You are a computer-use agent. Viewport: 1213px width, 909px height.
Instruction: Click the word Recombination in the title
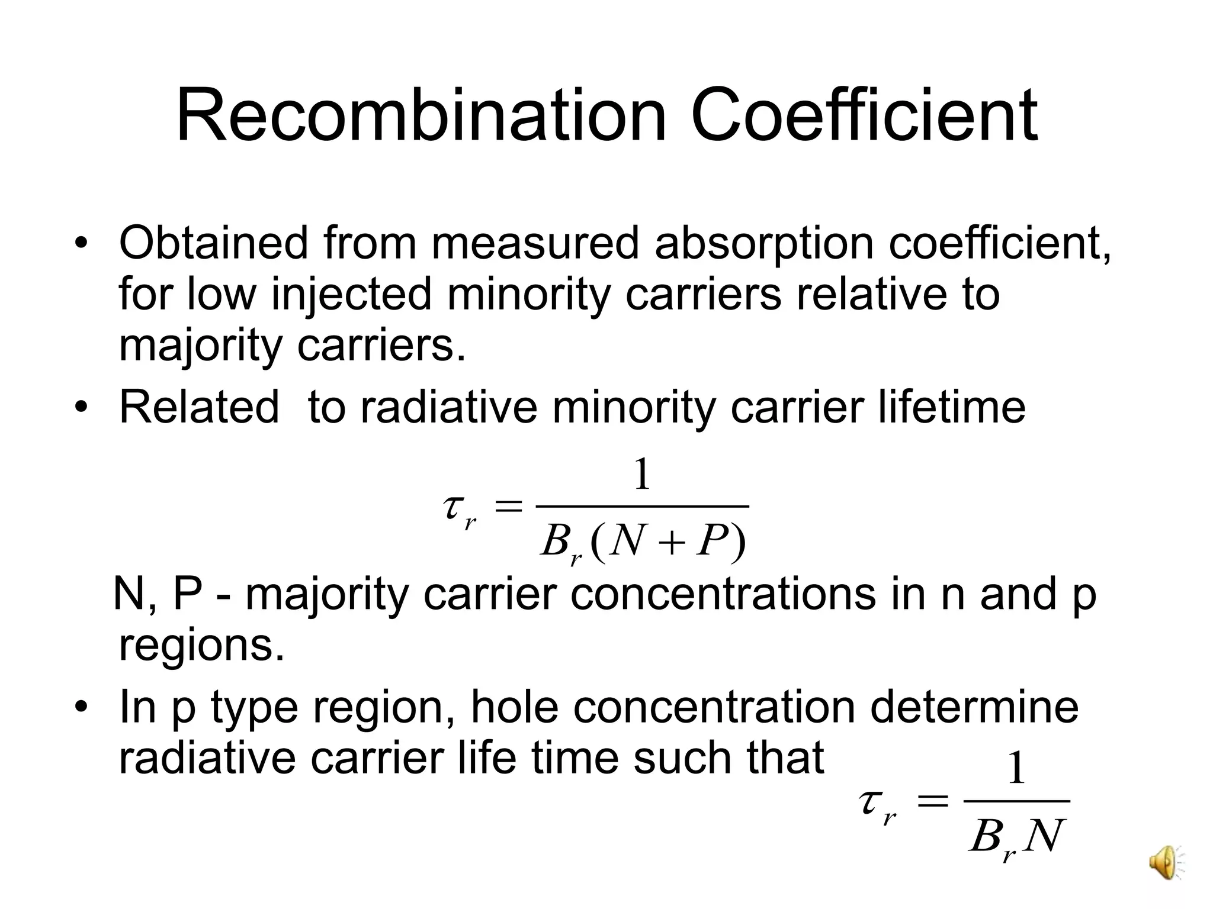click(x=421, y=116)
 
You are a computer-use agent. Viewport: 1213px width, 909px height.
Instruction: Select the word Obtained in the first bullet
click(x=214, y=243)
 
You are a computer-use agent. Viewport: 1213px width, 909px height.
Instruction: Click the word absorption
click(x=765, y=244)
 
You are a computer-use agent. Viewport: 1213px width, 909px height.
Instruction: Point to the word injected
click(x=352, y=295)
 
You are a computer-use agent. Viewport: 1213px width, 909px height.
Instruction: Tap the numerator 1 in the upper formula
click(x=643, y=475)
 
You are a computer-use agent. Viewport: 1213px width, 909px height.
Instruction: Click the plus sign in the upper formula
click(x=671, y=543)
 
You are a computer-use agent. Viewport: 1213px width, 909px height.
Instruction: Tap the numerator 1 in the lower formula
click(x=1016, y=769)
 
